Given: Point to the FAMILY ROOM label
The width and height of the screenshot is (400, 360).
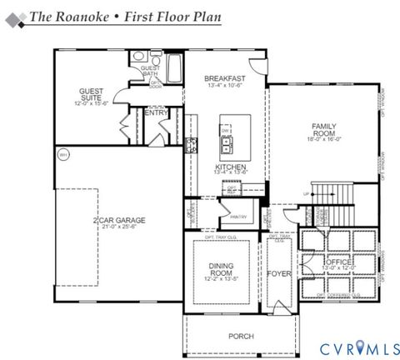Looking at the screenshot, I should [323, 129].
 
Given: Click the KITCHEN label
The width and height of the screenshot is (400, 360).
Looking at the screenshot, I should [230, 167].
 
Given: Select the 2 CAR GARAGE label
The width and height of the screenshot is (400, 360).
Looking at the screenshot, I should [119, 220].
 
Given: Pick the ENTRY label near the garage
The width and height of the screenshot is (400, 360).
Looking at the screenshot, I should [156, 112].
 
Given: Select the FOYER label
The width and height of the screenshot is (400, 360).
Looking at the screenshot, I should [277, 272].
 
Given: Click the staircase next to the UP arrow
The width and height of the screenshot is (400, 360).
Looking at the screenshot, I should [333, 194].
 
